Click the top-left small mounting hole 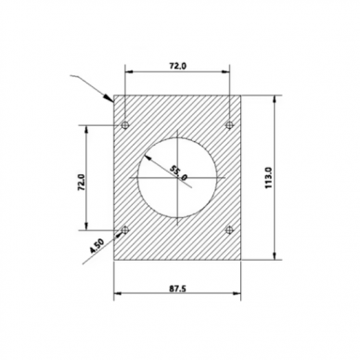tap(125, 125)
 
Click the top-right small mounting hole tap(229, 125)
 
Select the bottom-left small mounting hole tap(125, 230)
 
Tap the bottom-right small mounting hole tap(229, 230)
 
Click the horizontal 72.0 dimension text tap(177, 66)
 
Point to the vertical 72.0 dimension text tap(82, 182)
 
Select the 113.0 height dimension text tap(268, 177)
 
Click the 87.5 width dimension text tap(177, 289)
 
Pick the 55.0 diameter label tap(178, 174)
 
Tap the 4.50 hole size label tap(97, 246)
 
